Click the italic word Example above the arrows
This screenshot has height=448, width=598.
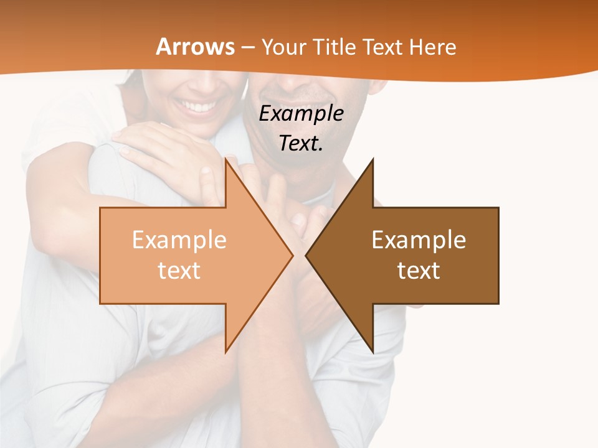[x=301, y=114]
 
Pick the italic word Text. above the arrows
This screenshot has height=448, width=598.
[x=301, y=144]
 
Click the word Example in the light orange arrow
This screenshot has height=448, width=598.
[x=179, y=240]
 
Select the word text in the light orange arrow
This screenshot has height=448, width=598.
[x=179, y=271]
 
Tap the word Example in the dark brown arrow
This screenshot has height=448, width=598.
[x=419, y=240]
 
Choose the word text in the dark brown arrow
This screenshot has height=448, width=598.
[x=419, y=271]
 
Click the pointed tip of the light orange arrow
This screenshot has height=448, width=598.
[x=292, y=255]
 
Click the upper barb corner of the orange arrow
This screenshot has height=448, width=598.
[x=225, y=160]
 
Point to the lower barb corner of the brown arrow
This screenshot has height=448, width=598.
[x=373, y=352]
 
